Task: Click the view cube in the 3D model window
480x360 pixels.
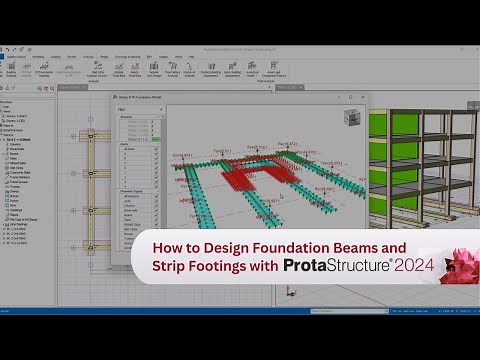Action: pos(351,118)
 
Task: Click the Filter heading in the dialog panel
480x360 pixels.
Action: pos(121,109)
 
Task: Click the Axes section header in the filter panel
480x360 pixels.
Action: pos(126,144)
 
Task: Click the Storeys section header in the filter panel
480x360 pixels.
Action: pos(127,117)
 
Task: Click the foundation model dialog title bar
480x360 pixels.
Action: pos(180,98)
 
